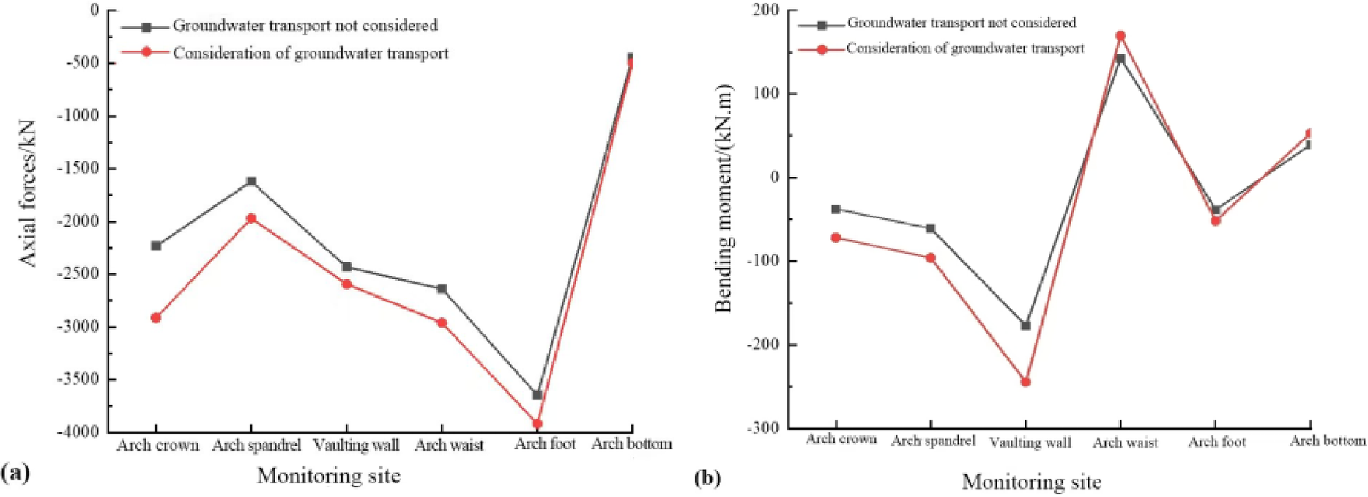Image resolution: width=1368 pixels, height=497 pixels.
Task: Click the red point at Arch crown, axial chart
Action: pyautogui.click(x=156, y=317)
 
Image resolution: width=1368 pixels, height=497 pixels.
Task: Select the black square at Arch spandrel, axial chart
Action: pyautogui.click(x=251, y=181)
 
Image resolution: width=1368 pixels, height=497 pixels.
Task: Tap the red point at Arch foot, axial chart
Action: pyautogui.click(x=538, y=424)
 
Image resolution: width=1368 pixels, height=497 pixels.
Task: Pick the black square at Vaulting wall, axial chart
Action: pyautogui.click(x=346, y=267)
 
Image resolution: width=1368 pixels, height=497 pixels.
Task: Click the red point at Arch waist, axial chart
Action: pyautogui.click(x=442, y=323)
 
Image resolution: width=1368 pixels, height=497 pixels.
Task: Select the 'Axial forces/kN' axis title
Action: pyautogui.click(x=27, y=194)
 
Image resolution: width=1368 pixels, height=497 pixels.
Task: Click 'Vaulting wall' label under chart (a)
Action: pyautogui.click(x=356, y=445)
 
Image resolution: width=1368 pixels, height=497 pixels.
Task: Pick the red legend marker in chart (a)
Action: pyautogui.click(x=146, y=53)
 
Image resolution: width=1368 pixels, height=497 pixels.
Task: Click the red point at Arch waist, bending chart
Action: pyautogui.click(x=1120, y=36)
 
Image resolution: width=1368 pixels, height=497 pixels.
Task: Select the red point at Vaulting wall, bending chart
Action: pyautogui.click(x=1025, y=382)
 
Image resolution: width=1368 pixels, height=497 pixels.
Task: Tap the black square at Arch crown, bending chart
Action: pyautogui.click(x=836, y=209)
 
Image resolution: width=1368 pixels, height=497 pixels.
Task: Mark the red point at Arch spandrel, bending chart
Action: pyautogui.click(x=931, y=258)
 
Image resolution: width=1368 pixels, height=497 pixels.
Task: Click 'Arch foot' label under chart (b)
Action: pyautogui.click(x=1216, y=442)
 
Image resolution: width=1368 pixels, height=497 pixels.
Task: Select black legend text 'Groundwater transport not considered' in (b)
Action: pyautogui.click(x=961, y=23)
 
